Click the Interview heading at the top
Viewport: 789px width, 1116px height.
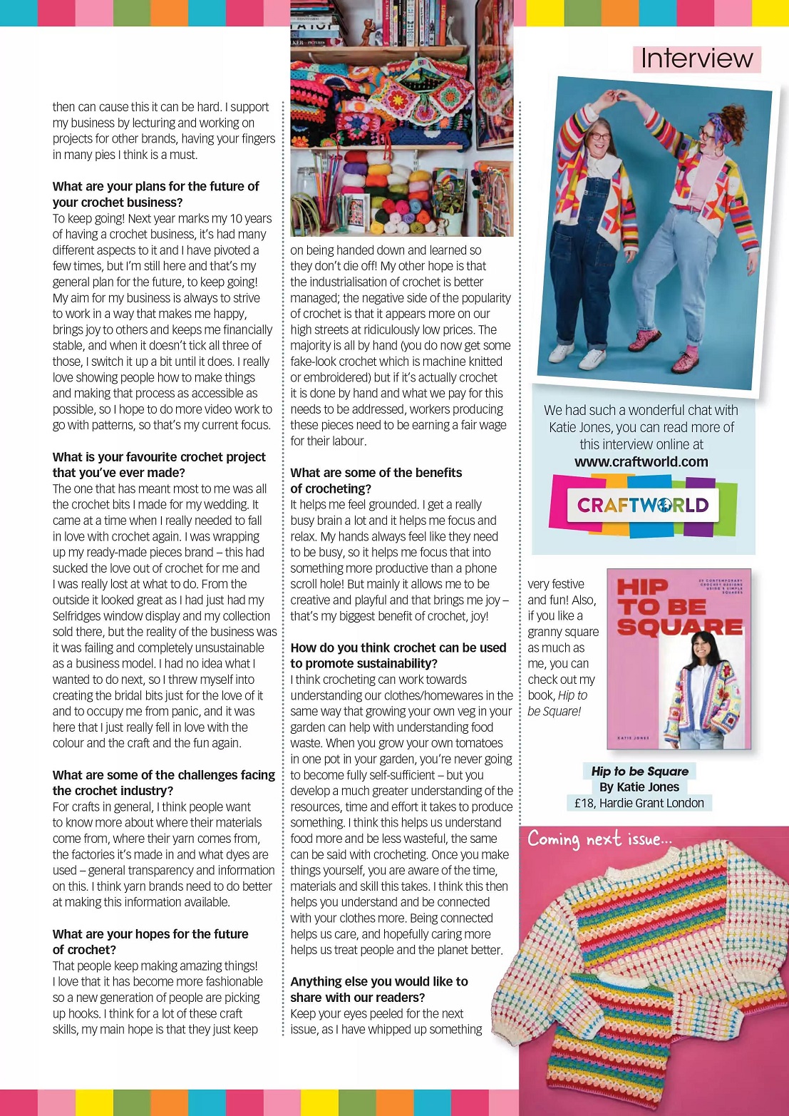tap(696, 58)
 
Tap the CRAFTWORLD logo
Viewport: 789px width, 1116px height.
tap(642, 505)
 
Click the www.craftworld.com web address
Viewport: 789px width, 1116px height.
tap(641, 461)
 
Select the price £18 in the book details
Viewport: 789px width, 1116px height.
tap(584, 803)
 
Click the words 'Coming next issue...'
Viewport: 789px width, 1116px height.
tap(599, 839)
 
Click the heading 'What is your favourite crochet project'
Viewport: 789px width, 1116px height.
tap(159, 457)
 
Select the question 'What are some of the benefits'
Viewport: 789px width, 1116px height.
tap(376, 473)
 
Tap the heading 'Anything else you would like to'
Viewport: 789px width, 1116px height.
tap(378, 981)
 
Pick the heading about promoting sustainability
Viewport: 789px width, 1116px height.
tap(398, 655)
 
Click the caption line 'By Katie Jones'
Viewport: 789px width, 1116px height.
tap(639, 787)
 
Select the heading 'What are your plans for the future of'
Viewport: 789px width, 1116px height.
tap(155, 186)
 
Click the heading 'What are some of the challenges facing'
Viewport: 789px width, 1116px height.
tap(163, 775)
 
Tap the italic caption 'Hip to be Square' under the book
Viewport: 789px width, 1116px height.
tap(639, 771)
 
